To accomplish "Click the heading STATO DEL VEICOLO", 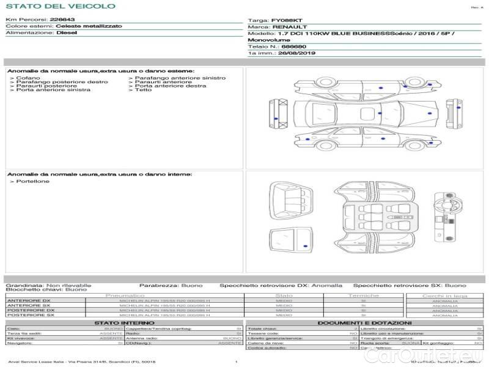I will pyautogui.click(x=60, y=6).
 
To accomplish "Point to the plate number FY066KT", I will pyautogui.click(x=287, y=20).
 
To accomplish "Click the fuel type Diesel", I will pyautogui.click(x=66, y=33).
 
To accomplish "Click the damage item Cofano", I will pyautogui.click(x=28, y=78).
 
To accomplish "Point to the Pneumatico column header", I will pyautogui.click(x=125, y=295).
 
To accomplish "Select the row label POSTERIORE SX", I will pyautogui.click(x=30, y=315).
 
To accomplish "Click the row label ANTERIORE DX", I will pyautogui.click(x=28, y=300).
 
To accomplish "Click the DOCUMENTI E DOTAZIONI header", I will pyautogui.click(x=364, y=322).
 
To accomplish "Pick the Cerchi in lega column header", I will pyautogui.click(x=444, y=295).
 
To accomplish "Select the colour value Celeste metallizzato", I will pyautogui.click(x=89, y=26).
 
